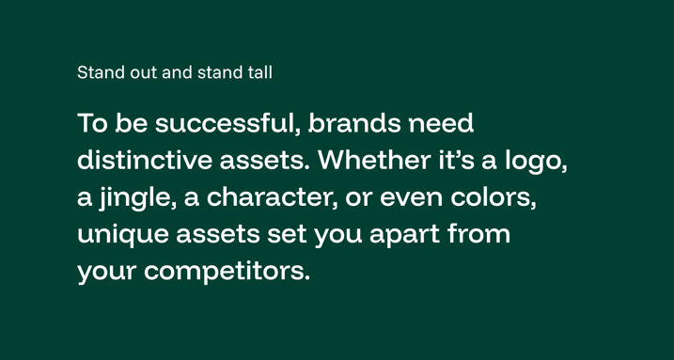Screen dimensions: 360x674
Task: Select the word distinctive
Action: tap(145, 161)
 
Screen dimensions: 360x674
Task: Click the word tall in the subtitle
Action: tap(259, 71)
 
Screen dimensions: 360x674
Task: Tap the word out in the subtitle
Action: tap(142, 71)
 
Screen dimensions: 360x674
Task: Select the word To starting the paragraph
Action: tap(91, 124)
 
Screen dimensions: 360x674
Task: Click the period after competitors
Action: tap(306, 280)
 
